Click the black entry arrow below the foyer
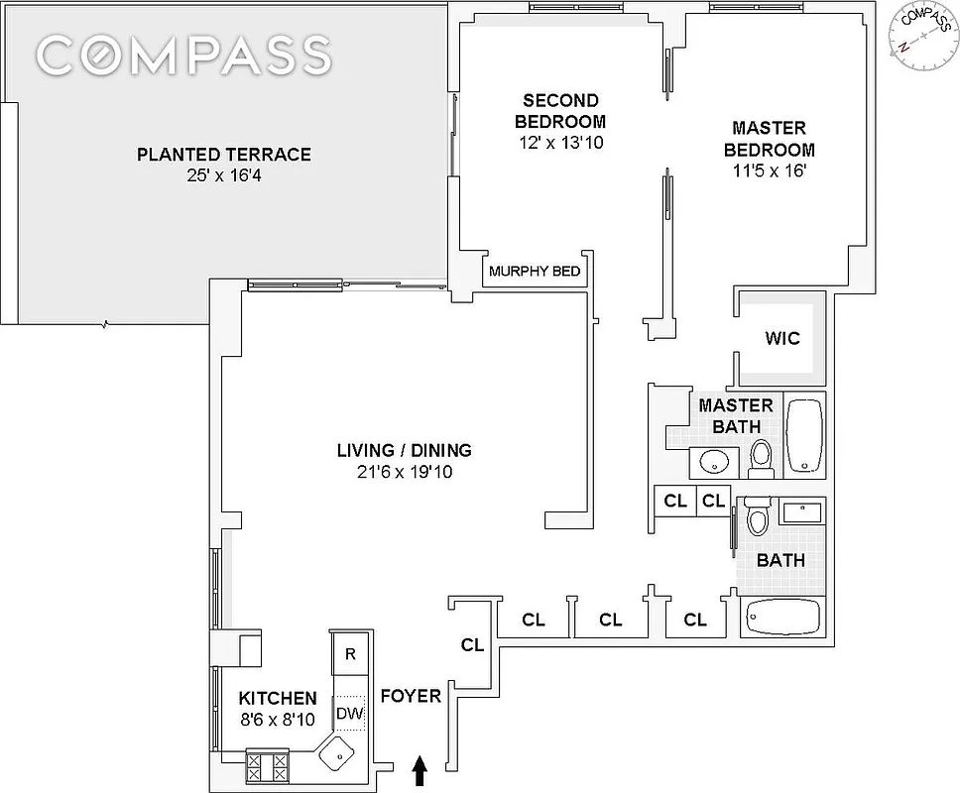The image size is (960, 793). click(x=420, y=768)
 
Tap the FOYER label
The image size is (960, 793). click(x=411, y=697)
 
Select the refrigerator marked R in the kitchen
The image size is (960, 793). click(x=349, y=654)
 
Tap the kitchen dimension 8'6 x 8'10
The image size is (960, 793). click(x=278, y=722)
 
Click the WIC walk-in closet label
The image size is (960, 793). click(x=781, y=338)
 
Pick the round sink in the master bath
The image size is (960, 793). click(x=712, y=462)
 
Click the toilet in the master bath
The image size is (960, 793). click(x=761, y=456)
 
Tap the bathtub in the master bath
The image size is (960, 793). click(x=803, y=435)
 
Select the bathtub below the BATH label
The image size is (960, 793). click(x=782, y=617)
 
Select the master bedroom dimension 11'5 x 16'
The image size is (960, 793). click(x=769, y=171)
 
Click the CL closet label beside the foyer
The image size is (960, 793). click(x=472, y=645)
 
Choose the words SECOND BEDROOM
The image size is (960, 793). click(x=561, y=111)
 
